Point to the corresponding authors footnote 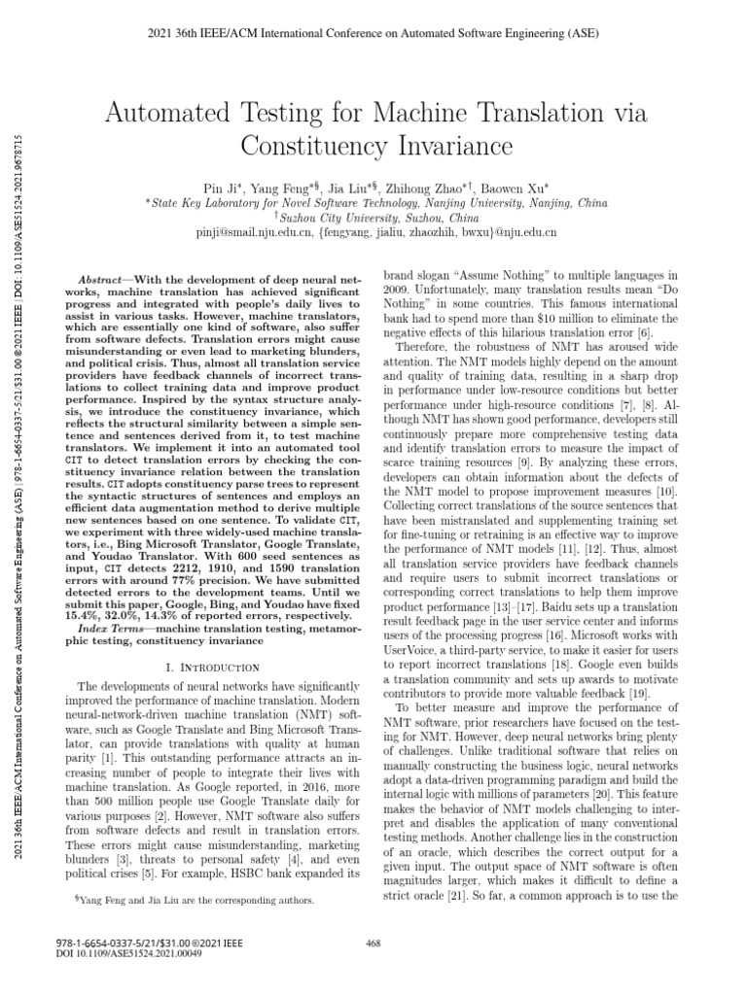pos(195,901)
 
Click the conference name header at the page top pos(374,35)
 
